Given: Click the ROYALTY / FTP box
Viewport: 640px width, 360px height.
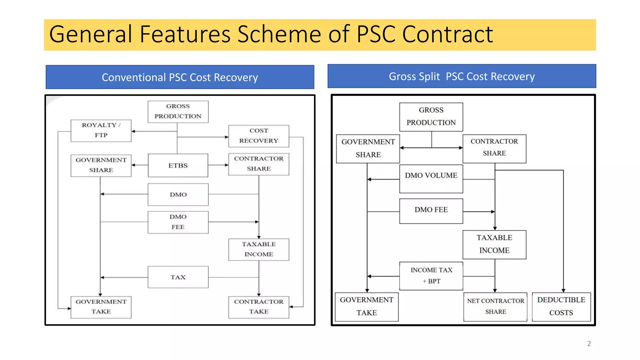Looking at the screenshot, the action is [101, 131].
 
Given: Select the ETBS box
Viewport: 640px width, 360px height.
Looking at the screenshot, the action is [178, 165].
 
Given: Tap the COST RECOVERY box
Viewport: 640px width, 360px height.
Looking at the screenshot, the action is [259, 136].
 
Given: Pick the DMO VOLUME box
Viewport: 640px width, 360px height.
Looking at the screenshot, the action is [431, 179].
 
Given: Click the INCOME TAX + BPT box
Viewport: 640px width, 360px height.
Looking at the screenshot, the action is [431, 276].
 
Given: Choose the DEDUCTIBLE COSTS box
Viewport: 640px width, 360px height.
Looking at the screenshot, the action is [561, 307].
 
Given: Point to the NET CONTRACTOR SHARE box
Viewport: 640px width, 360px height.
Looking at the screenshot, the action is [495, 307].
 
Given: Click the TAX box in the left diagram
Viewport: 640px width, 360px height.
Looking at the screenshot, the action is [178, 277].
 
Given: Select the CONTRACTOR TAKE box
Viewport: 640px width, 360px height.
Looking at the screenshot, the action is [259, 307].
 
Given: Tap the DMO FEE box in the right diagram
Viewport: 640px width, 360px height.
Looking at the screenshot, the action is [431, 211].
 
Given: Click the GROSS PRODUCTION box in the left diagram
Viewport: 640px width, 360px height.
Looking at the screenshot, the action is [178, 112].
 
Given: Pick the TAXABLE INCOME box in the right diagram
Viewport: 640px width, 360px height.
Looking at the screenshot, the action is [494, 245].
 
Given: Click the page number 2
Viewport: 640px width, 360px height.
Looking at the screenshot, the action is [589, 344].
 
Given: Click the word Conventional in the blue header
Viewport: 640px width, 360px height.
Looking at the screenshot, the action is [134, 77].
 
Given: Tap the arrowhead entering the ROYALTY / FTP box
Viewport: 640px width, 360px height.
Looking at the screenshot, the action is [133, 131].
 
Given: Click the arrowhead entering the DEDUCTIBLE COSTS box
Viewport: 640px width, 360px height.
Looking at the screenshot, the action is [563, 291].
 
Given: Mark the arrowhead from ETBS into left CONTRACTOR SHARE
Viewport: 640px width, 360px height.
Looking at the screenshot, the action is [227, 165].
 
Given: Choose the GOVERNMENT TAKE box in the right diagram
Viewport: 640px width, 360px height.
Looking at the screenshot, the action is [367, 307].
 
